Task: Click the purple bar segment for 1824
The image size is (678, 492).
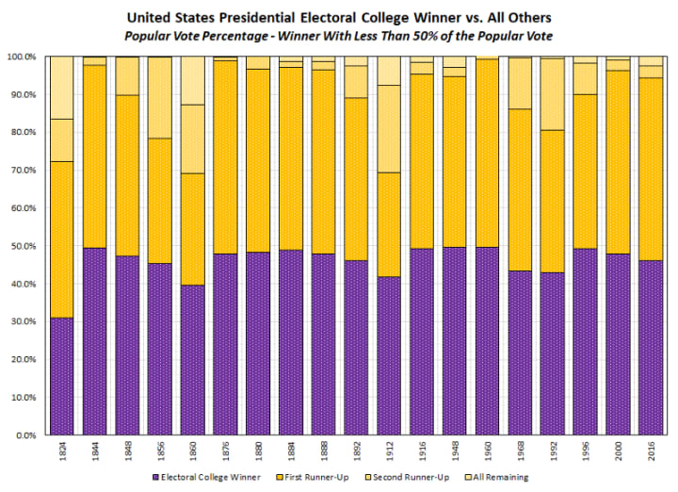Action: pyautogui.click(x=62, y=376)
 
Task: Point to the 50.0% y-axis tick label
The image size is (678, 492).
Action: pyautogui.click(x=26, y=246)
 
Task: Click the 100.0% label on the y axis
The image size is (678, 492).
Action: pyautogui.click(x=24, y=57)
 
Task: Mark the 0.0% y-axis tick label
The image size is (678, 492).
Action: pyautogui.click(x=29, y=435)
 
